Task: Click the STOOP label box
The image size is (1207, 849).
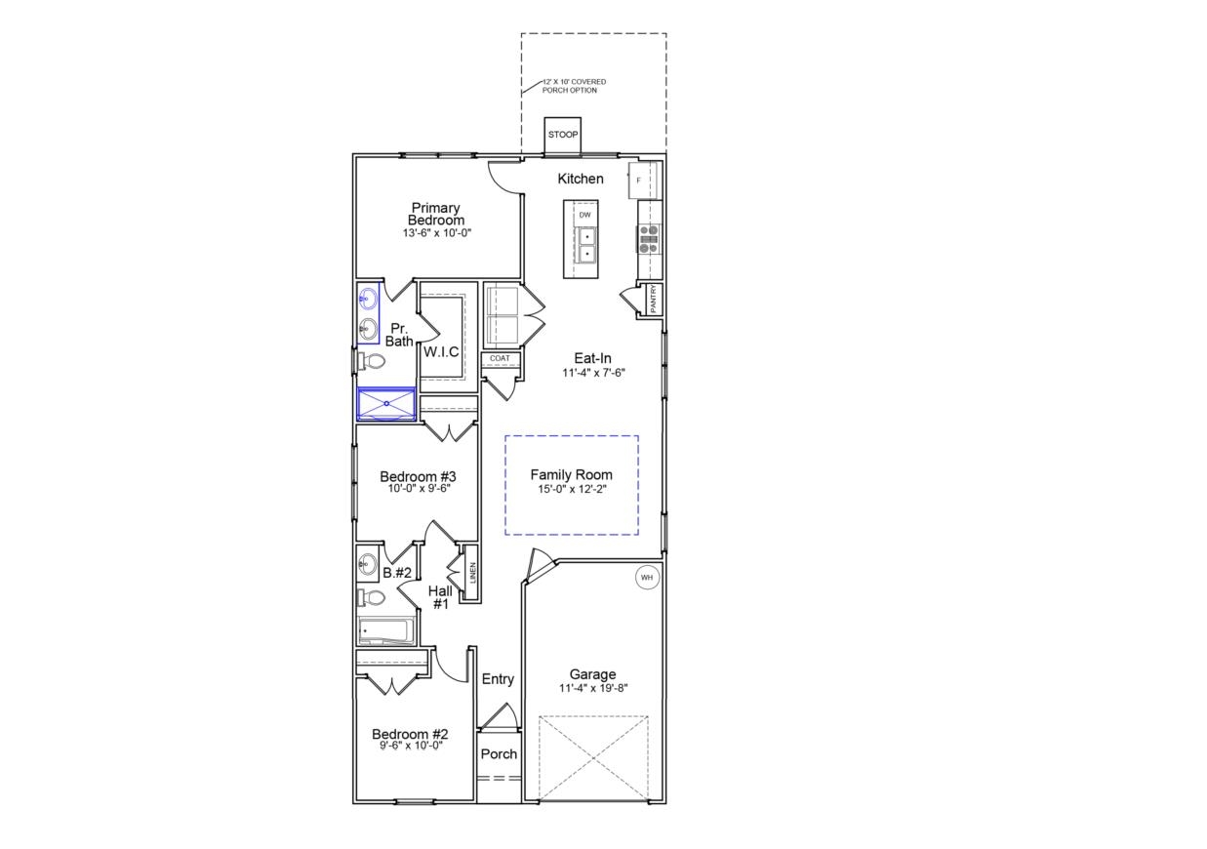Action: tap(562, 135)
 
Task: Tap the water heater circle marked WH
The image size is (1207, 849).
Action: tap(646, 578)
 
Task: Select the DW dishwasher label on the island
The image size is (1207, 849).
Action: tap(584, 215)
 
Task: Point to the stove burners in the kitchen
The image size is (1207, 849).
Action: tap(649, 238)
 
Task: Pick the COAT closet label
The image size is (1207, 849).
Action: tap(500, 358)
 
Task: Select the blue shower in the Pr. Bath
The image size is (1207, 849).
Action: tap(386, 403)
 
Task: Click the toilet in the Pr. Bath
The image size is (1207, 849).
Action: tap(371, 362)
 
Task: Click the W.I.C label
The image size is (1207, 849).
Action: tap(441, 351)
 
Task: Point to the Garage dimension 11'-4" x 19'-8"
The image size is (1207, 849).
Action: tap(593, 687)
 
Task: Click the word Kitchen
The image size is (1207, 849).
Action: tap(581, 179)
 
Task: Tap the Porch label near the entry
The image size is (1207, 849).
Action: tap(499, 753)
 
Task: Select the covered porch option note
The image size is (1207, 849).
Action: tap(574, 86)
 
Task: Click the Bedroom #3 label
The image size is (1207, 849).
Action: tap(419, 477)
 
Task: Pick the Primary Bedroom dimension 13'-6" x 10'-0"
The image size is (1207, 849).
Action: tap(436, 234)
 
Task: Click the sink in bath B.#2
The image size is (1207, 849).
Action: tap(368, 563)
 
